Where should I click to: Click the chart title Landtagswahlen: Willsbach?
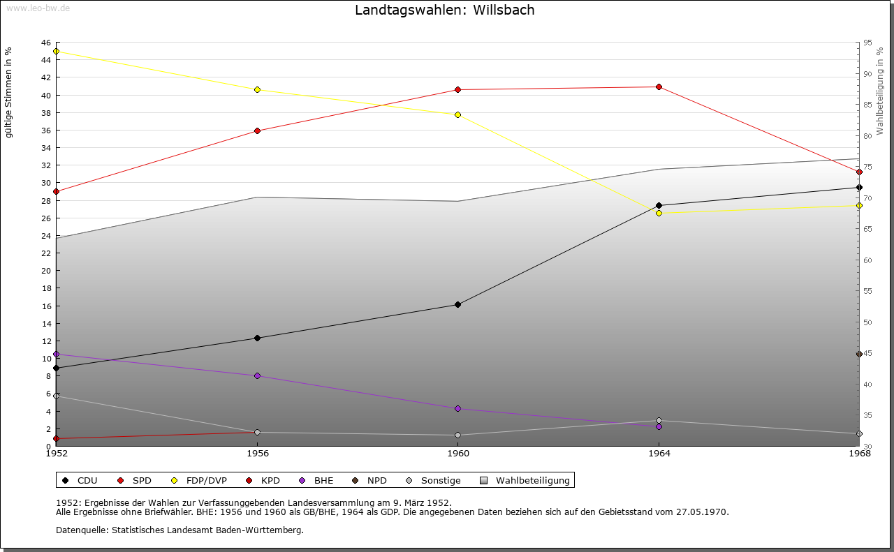tap(445, 10)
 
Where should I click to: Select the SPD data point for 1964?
tap(659, 87)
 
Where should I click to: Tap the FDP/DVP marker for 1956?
tap(257, 89)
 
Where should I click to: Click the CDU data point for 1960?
tap(457, 304)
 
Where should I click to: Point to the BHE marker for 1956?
tap(257, 375)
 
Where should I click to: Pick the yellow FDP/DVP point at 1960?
tap(457, 114)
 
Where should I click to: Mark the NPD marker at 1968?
tap(859, 354)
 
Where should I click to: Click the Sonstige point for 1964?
tap(659, 420)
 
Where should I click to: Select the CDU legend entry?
tap(80, 480)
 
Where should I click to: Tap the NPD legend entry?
tap(369, 480)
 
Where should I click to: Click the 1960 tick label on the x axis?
tap(457, 454)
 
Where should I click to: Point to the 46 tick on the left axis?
tap(45, 43)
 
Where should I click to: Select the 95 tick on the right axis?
tap(867, 43)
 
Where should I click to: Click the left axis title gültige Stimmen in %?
tap(9, 93)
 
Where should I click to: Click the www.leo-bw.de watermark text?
tap(37, 6)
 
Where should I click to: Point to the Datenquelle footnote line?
tap(179, 530)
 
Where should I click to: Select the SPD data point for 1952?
tap(56, 191)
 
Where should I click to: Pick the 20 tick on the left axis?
tap(45, 271)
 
